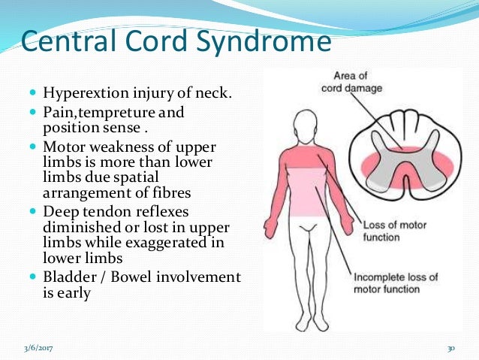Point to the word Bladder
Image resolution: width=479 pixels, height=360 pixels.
(68, 277)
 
